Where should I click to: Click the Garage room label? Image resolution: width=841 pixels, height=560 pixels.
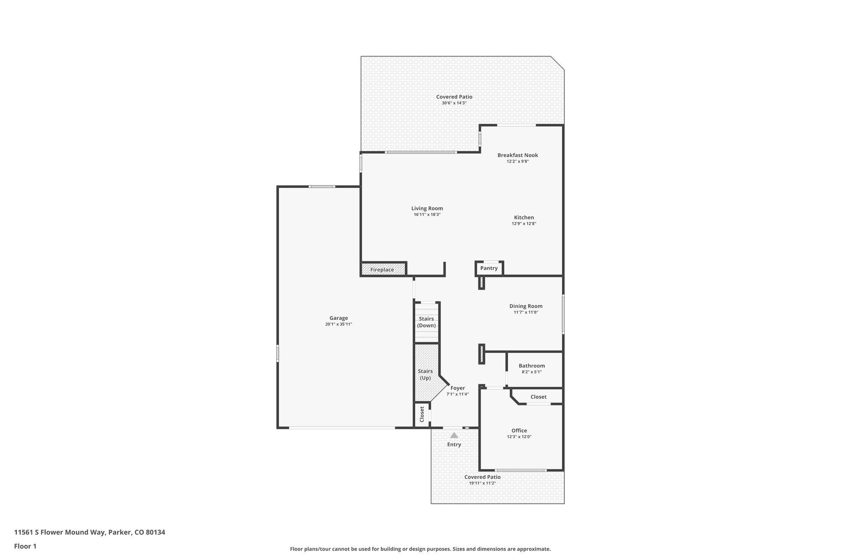[x=338, y=318]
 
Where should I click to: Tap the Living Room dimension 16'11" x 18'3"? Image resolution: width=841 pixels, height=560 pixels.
[x=427, y=215]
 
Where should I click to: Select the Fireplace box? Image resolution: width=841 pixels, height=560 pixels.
[x=382, y=270]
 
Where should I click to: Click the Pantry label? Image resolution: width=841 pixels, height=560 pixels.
[x=489, y=268]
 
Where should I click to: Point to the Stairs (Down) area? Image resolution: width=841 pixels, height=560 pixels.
[x=426, y=322]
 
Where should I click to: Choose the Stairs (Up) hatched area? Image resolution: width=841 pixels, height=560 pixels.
[x=425, y=374]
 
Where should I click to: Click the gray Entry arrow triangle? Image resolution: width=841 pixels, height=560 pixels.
[x=454, y=435]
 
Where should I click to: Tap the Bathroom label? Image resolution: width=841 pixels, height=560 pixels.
[x=531, y=366]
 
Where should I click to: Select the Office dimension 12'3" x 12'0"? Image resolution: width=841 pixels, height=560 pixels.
[x=519, y=437]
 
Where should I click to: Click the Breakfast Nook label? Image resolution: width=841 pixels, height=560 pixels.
[x=517, y=155]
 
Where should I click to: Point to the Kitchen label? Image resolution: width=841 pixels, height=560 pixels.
[x=524, y=217]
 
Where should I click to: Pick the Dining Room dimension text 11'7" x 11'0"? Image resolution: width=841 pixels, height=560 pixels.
[x=526, y=312]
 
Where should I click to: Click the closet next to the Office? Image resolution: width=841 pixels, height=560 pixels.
[x=538, y=397]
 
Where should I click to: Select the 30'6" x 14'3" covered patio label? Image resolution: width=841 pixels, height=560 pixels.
[x=454, y=103]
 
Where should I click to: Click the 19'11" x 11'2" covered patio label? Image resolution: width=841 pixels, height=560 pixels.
[x=483, y=483]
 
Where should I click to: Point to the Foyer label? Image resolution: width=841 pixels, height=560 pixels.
[x=457, y=388]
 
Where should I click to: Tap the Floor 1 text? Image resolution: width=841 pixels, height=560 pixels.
[x=25, y=546]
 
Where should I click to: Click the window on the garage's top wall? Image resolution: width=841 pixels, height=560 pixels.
[x=322, y=187]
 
